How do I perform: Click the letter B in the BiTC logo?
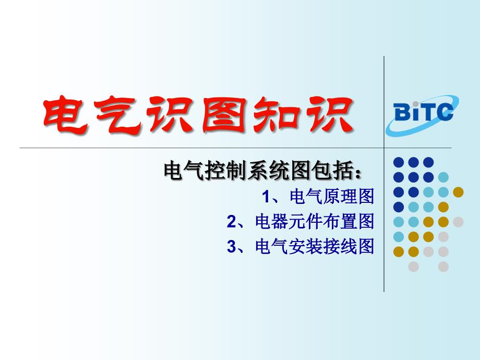[x=402, y=112]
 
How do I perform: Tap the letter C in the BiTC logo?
[x=444, y=112]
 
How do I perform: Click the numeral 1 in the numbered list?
[x=267, y=197]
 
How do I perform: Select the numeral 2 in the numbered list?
[x=232, y=222]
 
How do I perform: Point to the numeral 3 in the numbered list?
[x=232, y=246]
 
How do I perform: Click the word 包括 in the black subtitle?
[x=332, y=171]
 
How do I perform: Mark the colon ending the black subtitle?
[x=357, y=173]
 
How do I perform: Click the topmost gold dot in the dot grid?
[x=458, y=192]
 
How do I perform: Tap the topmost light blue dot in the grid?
[x=443, y=177]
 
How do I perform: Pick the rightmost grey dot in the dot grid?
[x=458, y=222]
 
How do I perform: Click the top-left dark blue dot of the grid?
[x=399, y=162]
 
